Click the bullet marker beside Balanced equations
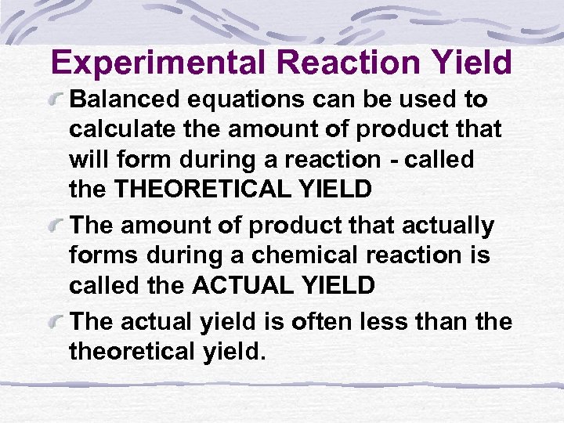coord(57,100)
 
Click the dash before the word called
coord(393,160)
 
